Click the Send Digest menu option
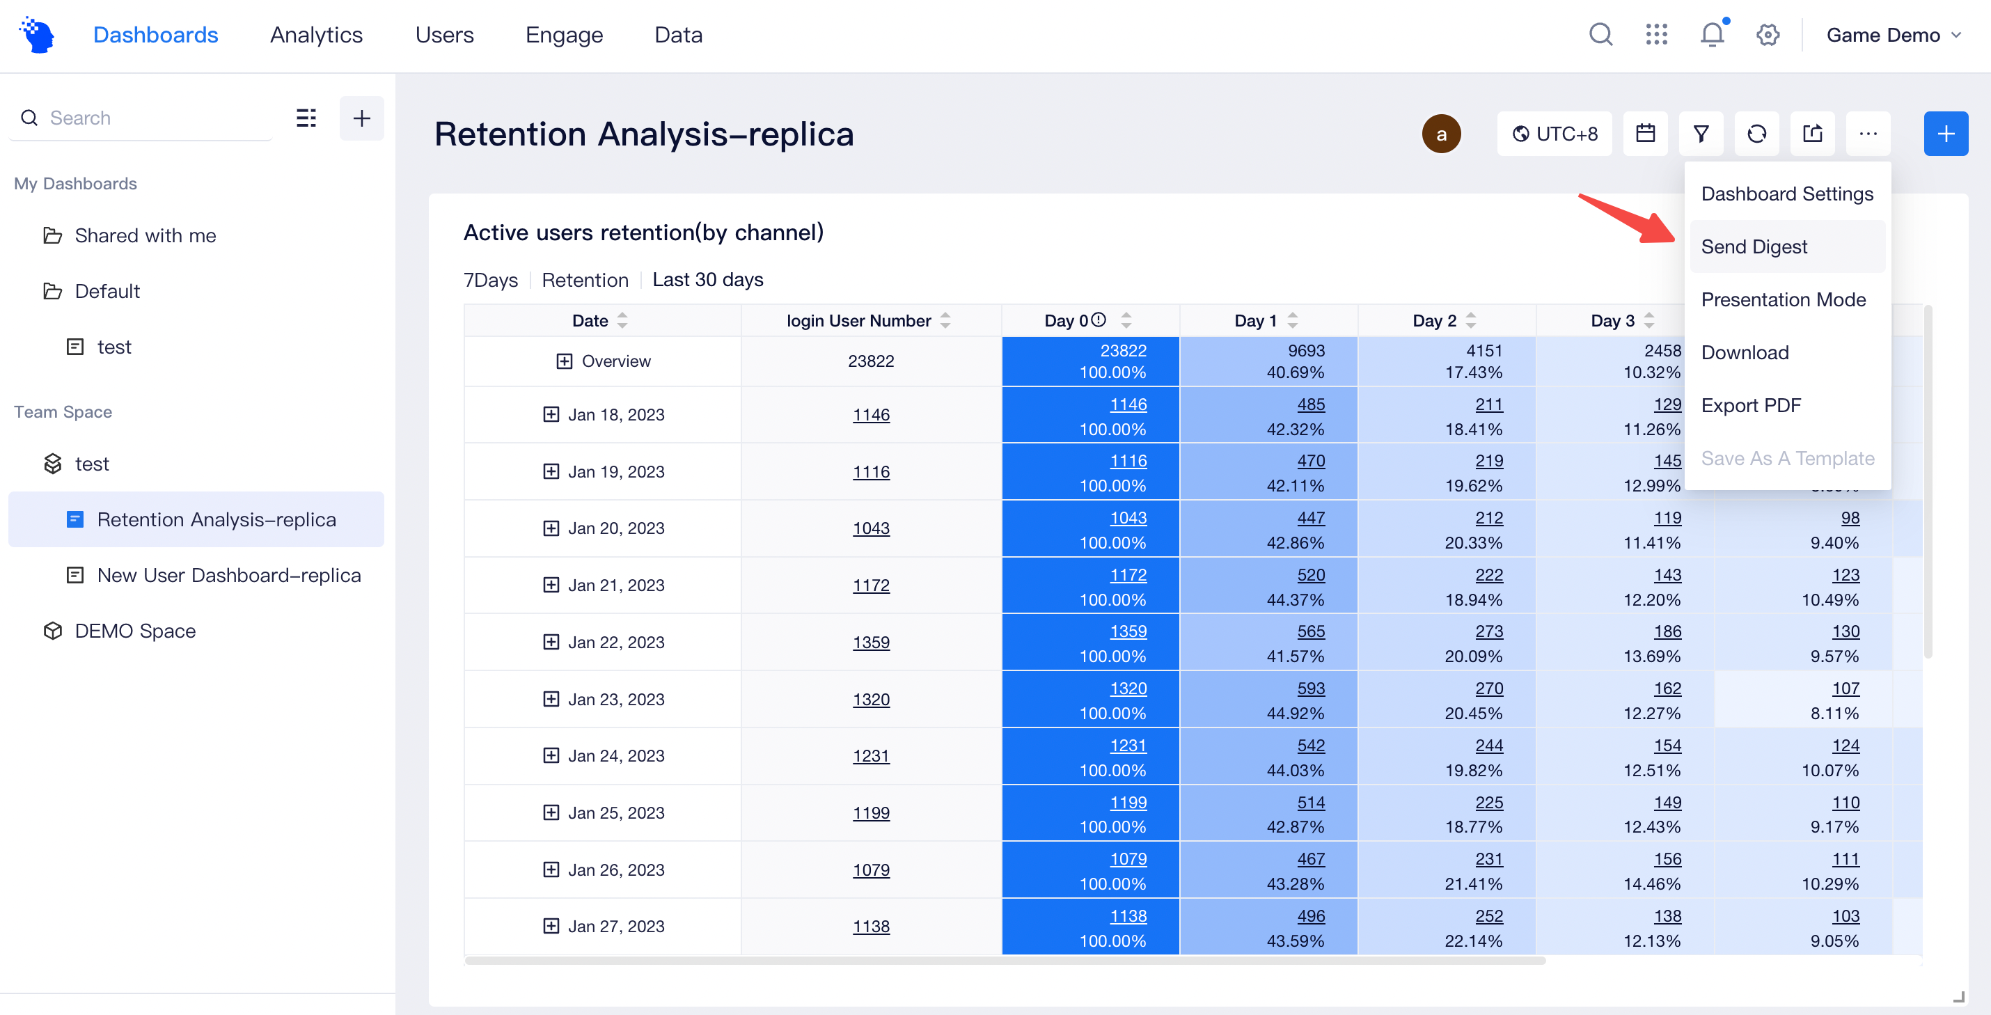pos(1754,246)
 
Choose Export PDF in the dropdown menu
pos(1751,405)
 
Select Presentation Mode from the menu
pos(1783,299)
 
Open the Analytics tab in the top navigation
pos(316,35)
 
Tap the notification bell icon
pos(1712,35)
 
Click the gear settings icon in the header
pos(1768,35)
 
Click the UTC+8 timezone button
pos(1555,134)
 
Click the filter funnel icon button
pos(1701,134)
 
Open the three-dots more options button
pos(1868,134)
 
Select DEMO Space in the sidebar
pos(134,631)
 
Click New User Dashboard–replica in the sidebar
pos(229,575)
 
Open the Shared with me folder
pos(145,235)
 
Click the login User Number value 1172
pos(871,585)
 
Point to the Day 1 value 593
pos(1311,688)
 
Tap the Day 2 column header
pos(1435,321)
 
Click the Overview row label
pos(615,361)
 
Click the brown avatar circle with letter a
pos(1441,134)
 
